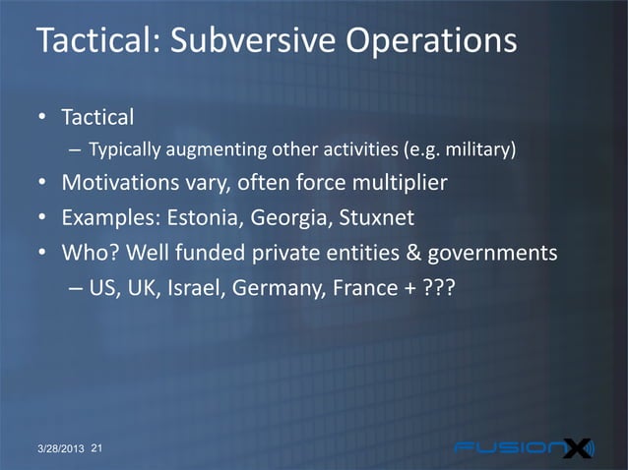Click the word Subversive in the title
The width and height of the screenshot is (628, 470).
pos(242,43)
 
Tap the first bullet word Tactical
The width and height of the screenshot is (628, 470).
pos(97,117)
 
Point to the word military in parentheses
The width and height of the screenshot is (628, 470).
pos(479,151)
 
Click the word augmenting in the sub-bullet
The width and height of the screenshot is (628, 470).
pos(201,151)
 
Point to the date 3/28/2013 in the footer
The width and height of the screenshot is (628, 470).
pos(56,450)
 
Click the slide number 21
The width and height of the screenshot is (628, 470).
pos(97,449)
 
